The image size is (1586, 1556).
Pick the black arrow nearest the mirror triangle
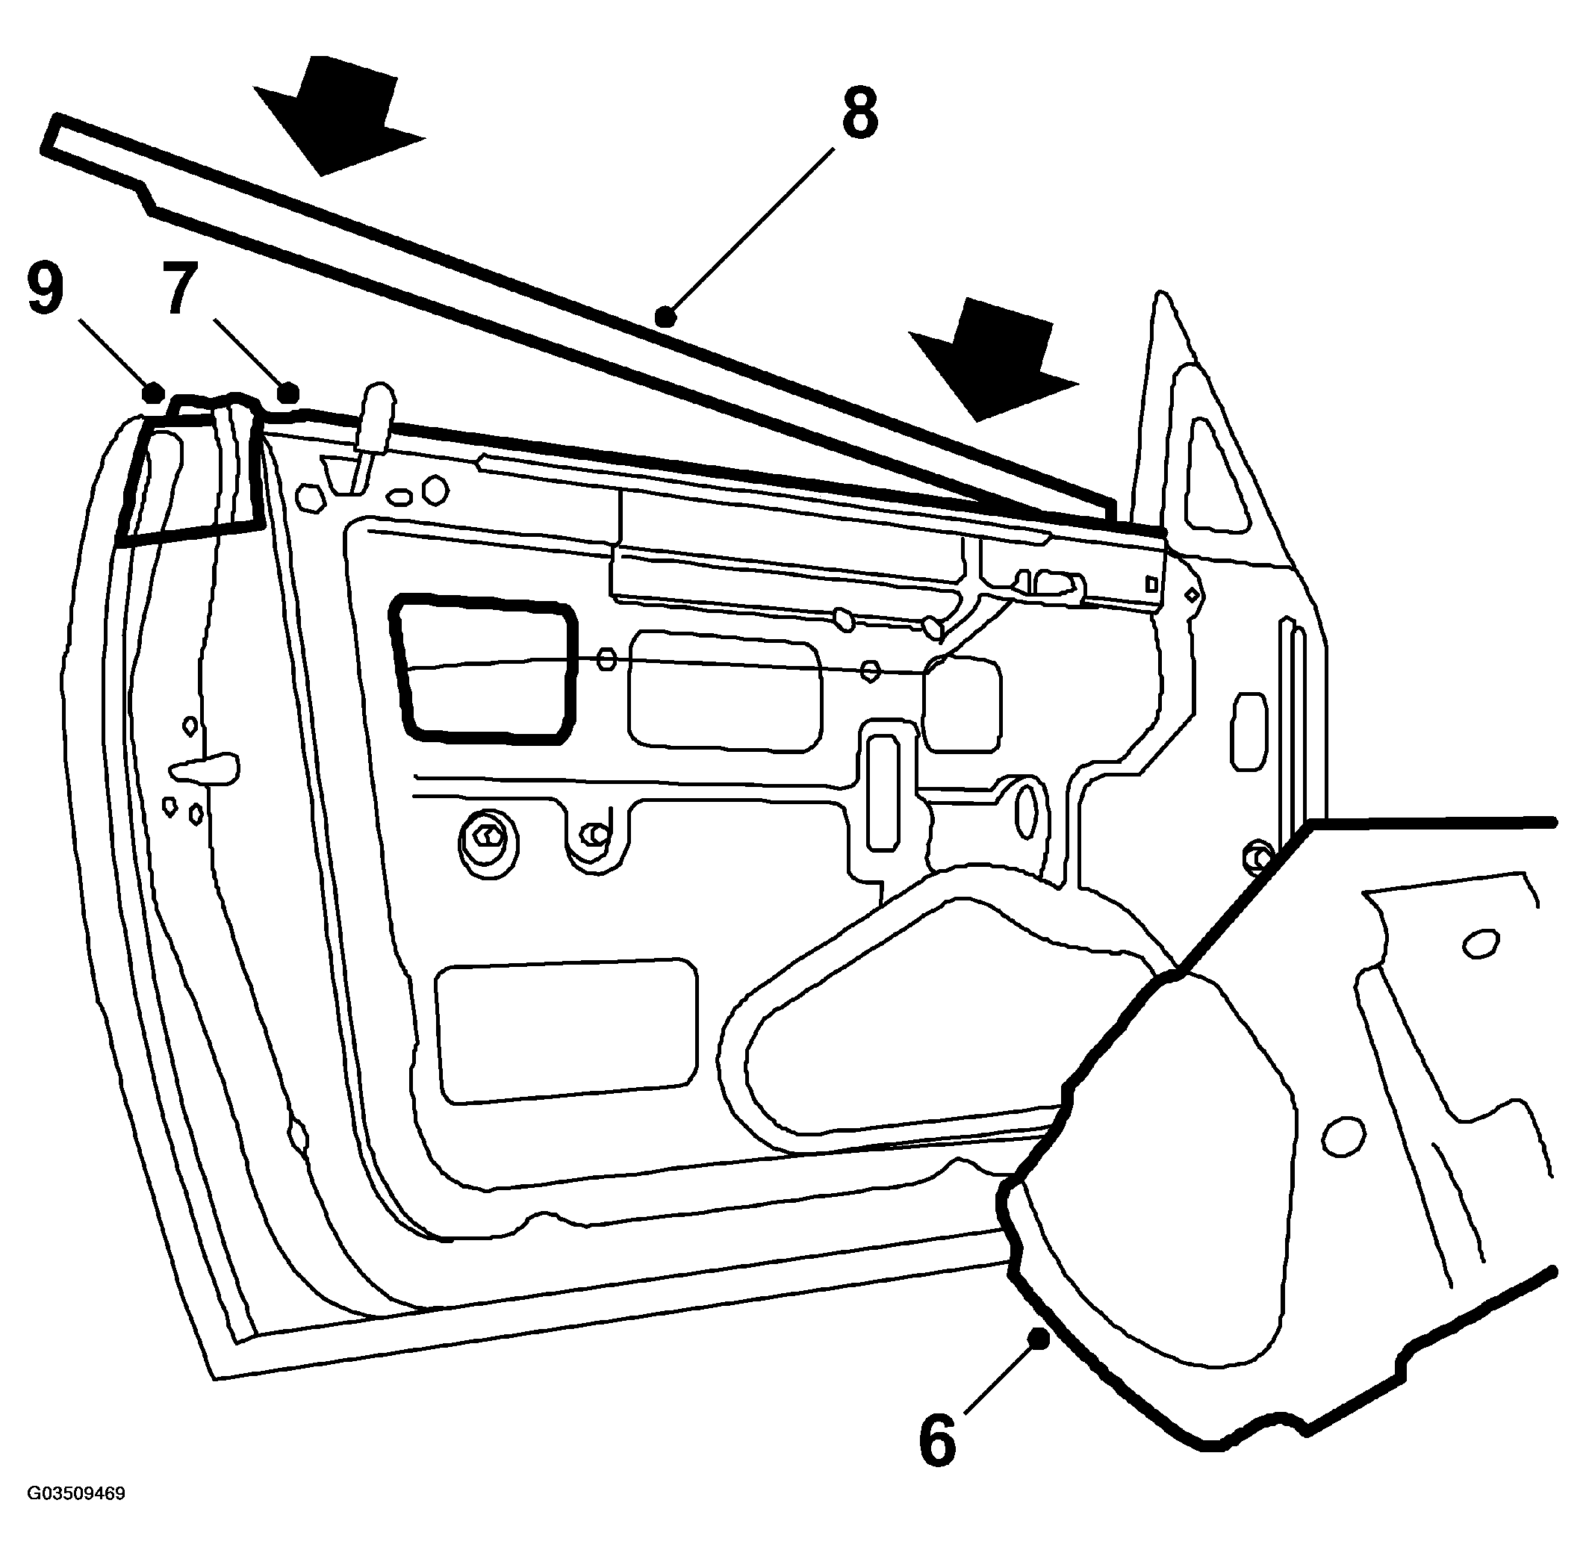click(x=994, y=360)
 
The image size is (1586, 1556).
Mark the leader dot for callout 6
click(x=1039, y=1339)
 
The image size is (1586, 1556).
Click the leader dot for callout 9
click(x=152, y=392)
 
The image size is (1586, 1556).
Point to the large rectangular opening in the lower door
click(x=567, y=1031)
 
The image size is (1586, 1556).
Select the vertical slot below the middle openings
click(x=883, y=790)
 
